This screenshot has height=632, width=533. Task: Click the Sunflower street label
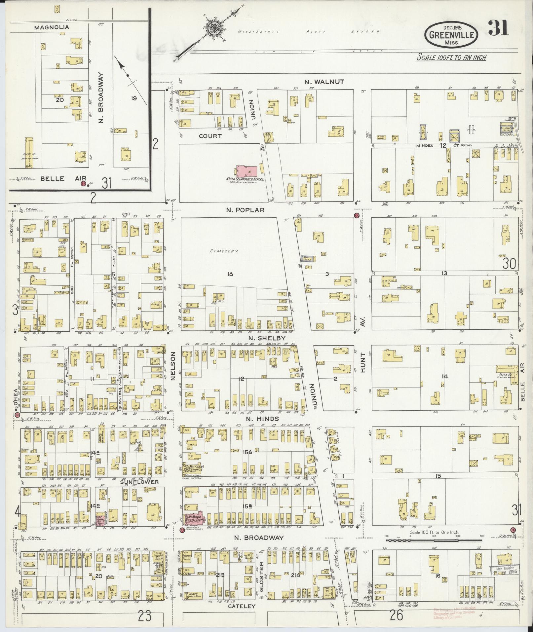point(139,482)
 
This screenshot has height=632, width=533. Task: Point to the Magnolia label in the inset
point(52,27)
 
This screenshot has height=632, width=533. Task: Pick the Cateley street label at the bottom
point(242,606)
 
